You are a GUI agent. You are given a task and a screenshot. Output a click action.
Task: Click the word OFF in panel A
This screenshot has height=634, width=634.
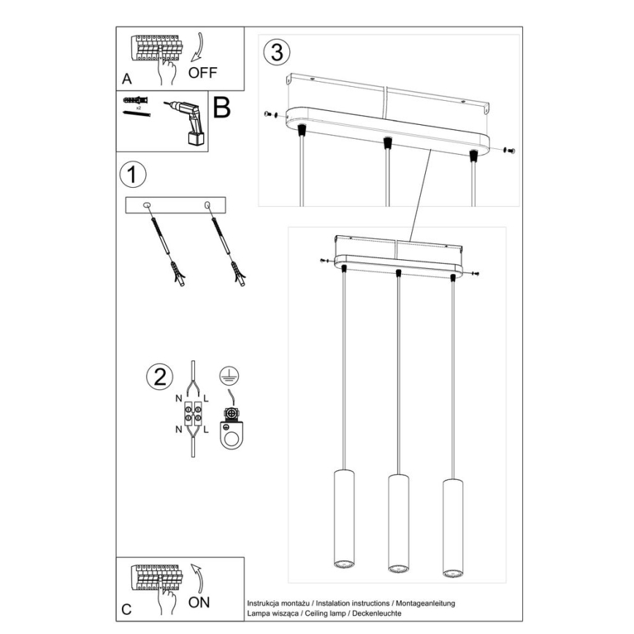(x=204, y=72)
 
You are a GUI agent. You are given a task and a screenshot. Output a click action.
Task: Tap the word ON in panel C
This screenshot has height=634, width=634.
(x=199, y=603)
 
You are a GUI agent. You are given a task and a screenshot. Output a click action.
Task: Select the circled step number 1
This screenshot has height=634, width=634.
(x=132, y=175)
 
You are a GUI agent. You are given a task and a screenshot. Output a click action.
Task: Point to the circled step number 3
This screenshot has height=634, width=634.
(x=276, y=53)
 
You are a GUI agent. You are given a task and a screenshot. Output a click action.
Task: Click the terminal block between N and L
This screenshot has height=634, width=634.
(x=193, y=414)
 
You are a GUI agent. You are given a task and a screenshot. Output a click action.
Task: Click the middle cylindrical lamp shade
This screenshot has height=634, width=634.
(x=397, y=522)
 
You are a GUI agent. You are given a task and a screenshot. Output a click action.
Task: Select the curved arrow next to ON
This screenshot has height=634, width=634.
(x=196, y=578)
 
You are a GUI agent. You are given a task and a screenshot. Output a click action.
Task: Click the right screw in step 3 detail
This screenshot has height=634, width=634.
(x=509, y=150)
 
